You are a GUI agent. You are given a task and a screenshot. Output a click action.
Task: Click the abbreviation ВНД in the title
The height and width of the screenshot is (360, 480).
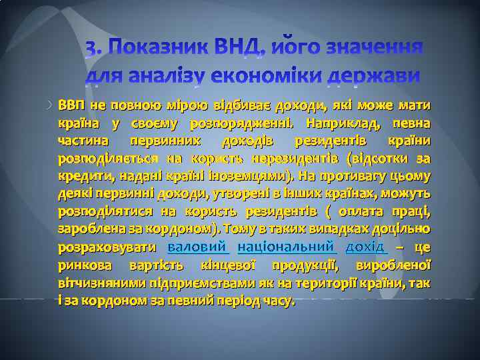coord(253,49)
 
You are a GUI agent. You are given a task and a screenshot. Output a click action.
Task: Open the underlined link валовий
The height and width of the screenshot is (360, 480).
coord(197,247)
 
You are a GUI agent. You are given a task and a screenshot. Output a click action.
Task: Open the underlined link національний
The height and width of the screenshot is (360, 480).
coord(285,247)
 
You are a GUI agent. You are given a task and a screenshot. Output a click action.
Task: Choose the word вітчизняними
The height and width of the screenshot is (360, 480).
coord(95,283)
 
